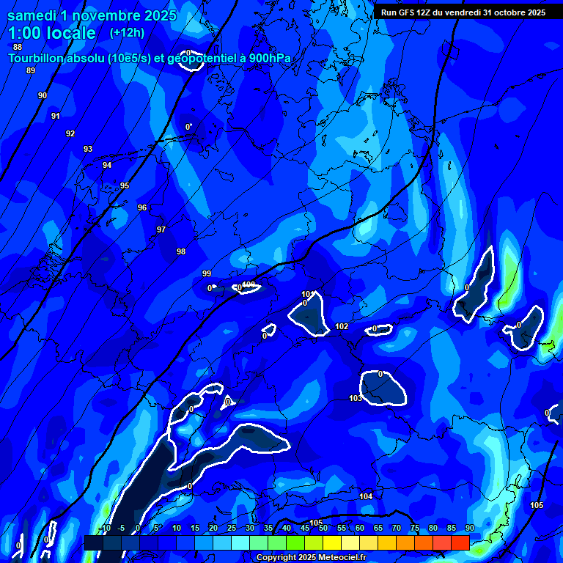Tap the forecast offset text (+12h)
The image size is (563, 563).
click(x=127, y=33)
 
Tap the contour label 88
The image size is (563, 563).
click(x=18, y=47)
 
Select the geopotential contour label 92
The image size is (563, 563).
click(x=70, y=133)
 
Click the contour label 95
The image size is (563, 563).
click(x=125, y=185)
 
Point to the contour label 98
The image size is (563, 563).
click(x=181, y=251)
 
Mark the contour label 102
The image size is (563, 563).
click(x=342, y=326)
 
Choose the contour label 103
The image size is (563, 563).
click(x=356, y=398)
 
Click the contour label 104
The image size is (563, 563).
click(x=366, y=496)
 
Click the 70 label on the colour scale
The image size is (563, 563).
click(x=397, y=528)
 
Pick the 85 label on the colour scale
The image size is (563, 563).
click(x=452, y=528)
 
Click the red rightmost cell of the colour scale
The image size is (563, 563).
click(x=460, y=542)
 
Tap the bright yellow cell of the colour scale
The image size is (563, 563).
click(x=331, y=542)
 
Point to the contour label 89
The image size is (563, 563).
click(x=30, y=70)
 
